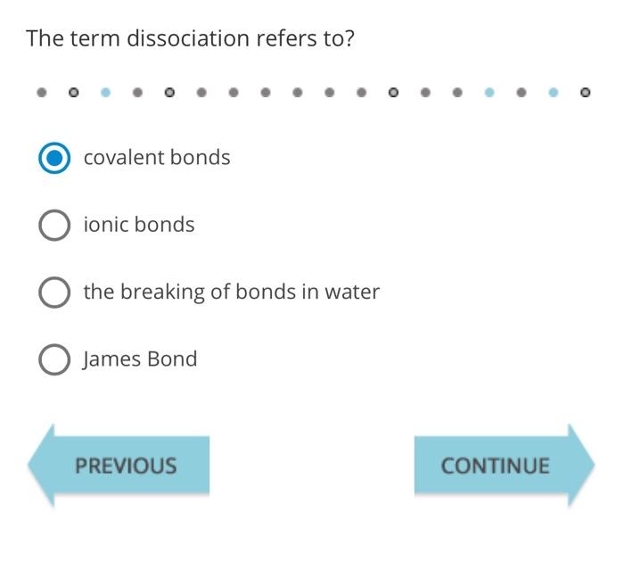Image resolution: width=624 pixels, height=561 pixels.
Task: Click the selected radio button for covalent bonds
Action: (x=54, y=158)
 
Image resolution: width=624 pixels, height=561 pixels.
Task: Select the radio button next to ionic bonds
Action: (x=54, y=225)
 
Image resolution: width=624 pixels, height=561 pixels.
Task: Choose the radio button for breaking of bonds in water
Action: (x=54, y=292)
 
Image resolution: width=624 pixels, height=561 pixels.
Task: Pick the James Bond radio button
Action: (x=54, y=359)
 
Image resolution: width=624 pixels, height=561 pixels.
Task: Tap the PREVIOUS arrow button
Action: (x=120, y=466)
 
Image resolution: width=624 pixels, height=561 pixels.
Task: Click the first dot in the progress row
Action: (x=42, y=92)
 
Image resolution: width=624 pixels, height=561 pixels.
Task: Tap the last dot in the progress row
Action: (x=585, y=92)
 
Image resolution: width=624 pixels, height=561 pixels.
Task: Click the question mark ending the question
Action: (x=349, y=38)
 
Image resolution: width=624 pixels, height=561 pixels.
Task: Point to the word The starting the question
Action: (x=44, y=38)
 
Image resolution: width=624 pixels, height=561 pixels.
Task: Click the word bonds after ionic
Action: (x=164, y=225)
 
